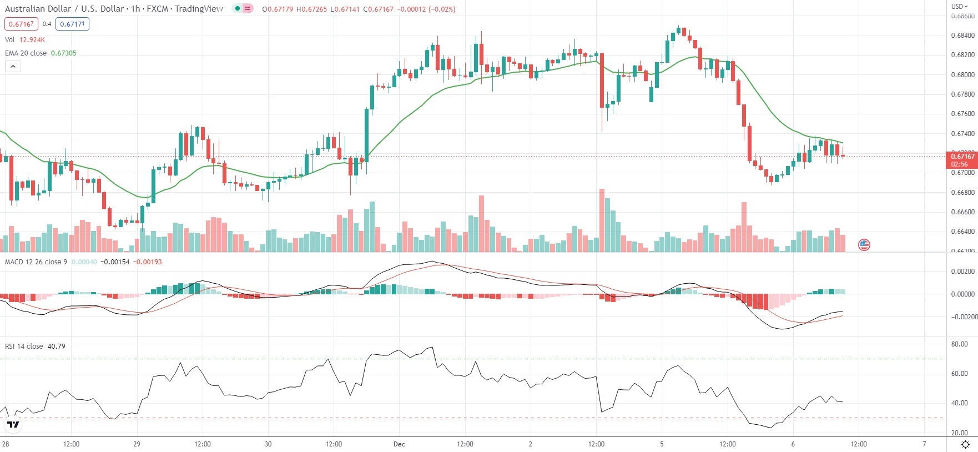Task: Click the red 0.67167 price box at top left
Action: tap(21, 24)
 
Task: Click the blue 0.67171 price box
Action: tap(72, 24)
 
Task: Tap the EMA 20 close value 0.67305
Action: tap(63, 53)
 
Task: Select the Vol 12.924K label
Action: tap(25, 40)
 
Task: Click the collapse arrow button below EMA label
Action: tap(13, 67)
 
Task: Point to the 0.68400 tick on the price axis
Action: tap(962, 36)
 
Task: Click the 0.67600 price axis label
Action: tap(962, 114)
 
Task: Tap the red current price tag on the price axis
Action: tap(961, 160)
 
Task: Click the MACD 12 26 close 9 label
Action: tap(36, 262)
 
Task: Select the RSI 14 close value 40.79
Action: tap(56, 346)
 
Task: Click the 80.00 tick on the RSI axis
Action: tap(959, 344)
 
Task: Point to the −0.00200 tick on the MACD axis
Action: tap(964, 317)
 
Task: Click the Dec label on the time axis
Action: tap(399, 444)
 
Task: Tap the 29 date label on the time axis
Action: tap(137, 444)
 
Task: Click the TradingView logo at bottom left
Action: tap(13, 425)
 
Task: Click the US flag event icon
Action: tap(864, 244)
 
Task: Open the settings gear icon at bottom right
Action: tap(965, 444)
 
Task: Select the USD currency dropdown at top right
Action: tap(959, 7)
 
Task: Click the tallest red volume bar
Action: tap(602, 220)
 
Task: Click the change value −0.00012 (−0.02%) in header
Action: tap(426, 9)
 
